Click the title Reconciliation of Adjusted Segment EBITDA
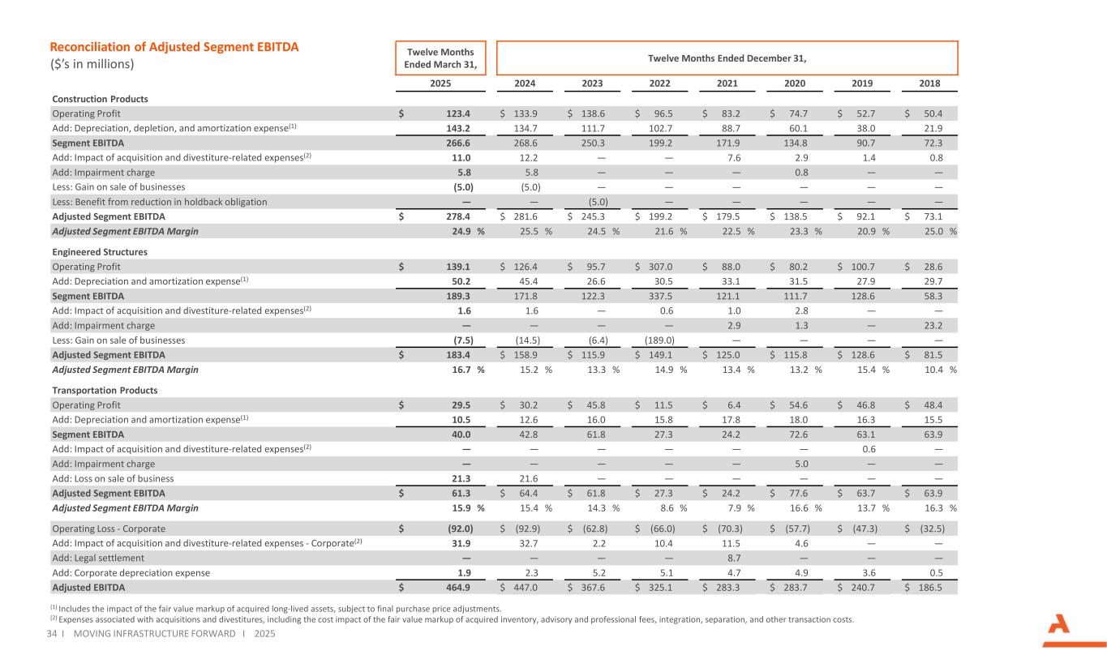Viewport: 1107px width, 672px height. [x=174, y=47]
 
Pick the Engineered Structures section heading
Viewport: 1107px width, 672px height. [x=100, y=252]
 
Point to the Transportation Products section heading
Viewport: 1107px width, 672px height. [x=104, y=390]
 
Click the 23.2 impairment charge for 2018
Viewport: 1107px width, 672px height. [x=941, y=326]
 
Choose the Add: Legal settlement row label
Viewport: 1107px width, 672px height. [x=98, y=559]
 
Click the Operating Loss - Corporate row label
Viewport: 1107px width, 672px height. [x=109, y=529]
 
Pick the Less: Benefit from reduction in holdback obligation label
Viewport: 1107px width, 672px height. [x=159, y=202]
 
